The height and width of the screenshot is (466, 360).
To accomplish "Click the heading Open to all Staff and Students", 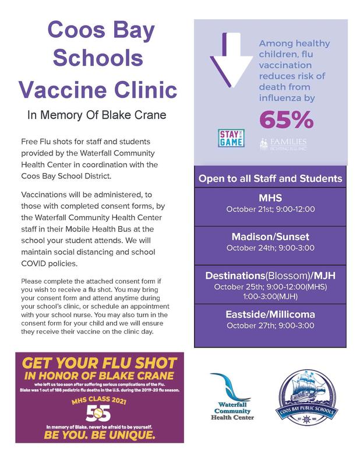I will tap(270, 178).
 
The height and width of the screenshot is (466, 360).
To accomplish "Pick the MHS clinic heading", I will tap(270, 197).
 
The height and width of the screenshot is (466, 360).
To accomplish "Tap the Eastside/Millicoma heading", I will tap(270, 314).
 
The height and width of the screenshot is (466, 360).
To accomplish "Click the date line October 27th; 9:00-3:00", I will tap(270, 326).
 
